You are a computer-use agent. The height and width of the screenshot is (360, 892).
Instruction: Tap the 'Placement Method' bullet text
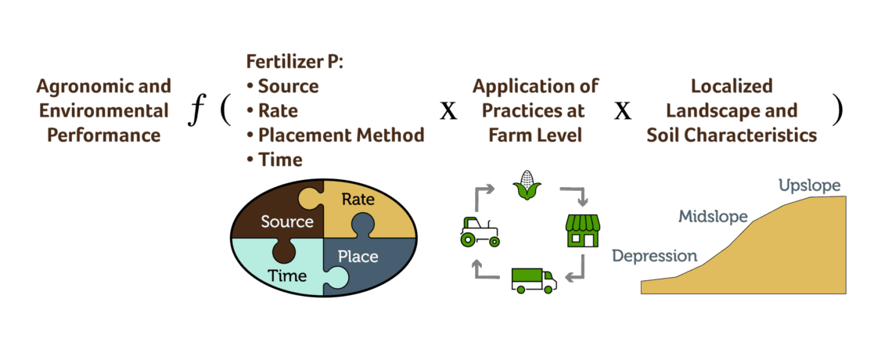(341, 135)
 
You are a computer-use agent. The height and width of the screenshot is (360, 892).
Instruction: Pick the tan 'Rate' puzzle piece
(364, 205)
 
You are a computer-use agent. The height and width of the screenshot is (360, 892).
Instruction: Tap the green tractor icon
(479, 231)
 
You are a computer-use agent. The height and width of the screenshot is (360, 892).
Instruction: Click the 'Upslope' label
(809, 185)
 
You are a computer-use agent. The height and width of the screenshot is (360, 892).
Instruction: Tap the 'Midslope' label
(712, 216)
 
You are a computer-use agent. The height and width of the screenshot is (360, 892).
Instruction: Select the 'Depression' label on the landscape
(654, 256)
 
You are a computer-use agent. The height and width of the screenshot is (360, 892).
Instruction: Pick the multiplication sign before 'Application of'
(448, 110)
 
